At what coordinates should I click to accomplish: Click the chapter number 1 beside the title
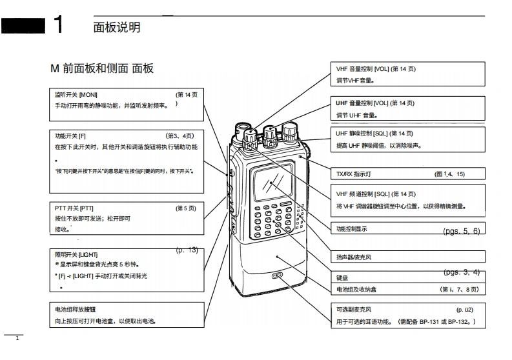(58, 25)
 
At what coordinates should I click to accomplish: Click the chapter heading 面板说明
(117, 27)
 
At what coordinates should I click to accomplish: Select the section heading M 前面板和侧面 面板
(102, 68)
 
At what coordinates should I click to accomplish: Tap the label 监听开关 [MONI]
(76, 95)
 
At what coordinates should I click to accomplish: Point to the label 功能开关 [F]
(70, 136)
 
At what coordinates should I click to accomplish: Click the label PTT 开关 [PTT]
(74, 208)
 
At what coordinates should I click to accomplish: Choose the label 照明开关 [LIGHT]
(76, 255)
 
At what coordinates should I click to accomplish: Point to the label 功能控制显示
(352, 229)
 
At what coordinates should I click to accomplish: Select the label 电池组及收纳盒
(354, 290)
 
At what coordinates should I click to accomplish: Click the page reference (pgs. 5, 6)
(462, 230)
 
